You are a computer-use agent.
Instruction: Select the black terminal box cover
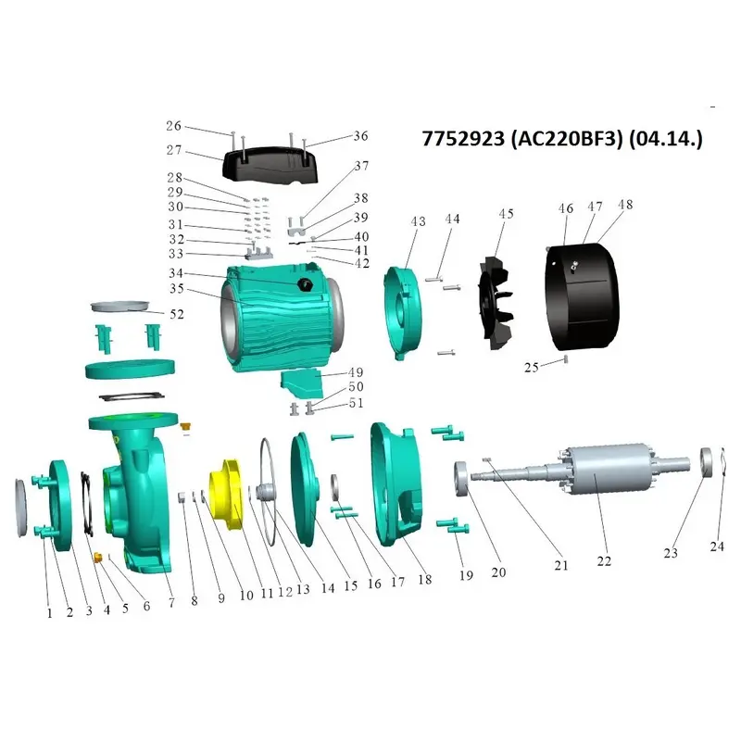pyautogui.click(x=270, y=165)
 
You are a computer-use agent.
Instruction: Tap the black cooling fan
pyautogui.click(x=495, y=303)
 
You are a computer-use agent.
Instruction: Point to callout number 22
pyautogui.click(x=604, y=561)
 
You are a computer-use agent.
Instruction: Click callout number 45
pyautogui.click(x=506, y=214)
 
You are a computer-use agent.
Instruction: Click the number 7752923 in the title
pyautogui.click(x=463, y=139)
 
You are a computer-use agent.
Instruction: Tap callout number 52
pyautogui.click(x=177, y=314)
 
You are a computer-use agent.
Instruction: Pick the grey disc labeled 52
pyautogui.click(x=120, y=306)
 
